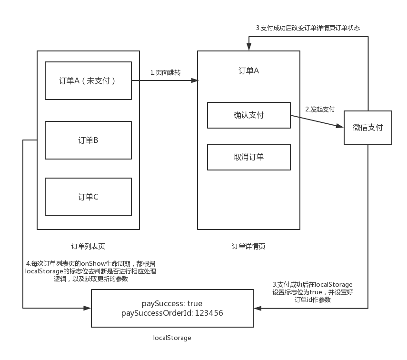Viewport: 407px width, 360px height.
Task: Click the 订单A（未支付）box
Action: click(88, 80)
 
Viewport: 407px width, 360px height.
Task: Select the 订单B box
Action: click(88, 140)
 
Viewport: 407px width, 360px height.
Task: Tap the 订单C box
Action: click(88, 197)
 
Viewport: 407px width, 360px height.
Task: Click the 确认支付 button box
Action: click(248, 115)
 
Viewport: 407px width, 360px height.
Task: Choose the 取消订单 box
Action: click(248, 157)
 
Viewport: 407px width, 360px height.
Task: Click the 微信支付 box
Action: click(367, 128)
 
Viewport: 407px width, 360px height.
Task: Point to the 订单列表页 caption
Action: click(88, 246)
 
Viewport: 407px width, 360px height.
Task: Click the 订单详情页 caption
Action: click(248, 246)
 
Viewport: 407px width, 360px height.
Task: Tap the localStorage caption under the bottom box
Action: click(172, 338)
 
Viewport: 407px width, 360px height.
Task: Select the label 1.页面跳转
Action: click(165, 72)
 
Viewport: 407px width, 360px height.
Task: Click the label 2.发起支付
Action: click(320, 109)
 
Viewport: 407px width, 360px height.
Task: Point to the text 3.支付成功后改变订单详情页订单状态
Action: click(308, 28)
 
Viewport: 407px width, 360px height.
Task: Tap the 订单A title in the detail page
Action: click(248, 71)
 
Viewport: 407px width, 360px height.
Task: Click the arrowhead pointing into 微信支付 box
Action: click(340, 126)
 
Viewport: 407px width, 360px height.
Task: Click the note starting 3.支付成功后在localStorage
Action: click(312, 292)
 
